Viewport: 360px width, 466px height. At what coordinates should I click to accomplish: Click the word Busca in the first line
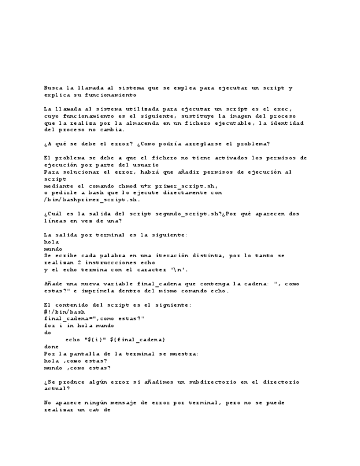(x=53, y=87)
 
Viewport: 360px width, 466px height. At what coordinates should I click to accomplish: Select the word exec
(x=280, y=109)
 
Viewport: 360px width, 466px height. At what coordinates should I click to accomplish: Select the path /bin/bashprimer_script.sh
(x=88, y=200)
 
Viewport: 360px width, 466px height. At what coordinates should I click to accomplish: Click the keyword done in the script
(x=51, y=347)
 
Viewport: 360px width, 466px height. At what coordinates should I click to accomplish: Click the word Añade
(x=53, y=284)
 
